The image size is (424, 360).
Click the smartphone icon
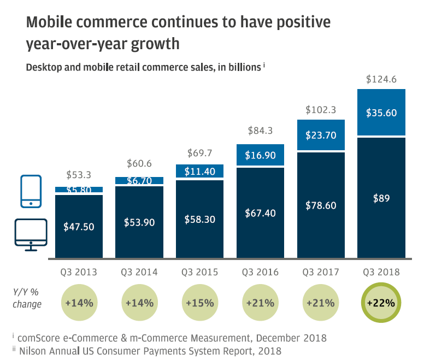pyautogui.click(x=31, y=191)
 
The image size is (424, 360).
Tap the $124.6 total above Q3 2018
pyautogui.click(x=381, y=79)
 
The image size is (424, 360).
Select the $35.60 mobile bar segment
pyautogui.click(x=381, y=113)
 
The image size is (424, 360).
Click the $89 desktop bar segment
pyautogui.click(x=381, y=198)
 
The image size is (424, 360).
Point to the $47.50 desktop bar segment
pyautogui.click(x=79, y=226)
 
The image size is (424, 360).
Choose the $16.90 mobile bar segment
pyautogui.click(x=260, y=155)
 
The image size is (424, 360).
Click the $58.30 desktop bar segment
pyautogui.click(x=200, y=219)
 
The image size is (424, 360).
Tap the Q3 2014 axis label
pyautogui.click(x=139, y=272)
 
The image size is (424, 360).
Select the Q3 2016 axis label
pyautogui.click(x=260, y=272)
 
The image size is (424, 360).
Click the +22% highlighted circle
pyautogui.click(x=381, y=302)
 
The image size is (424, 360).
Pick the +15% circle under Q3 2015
pyautogui.click(x=200, y=302)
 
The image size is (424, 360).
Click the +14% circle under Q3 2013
pyautogui.click(x=79, y=302)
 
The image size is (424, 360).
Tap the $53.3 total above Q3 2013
pyautogui.click(x=79, y=175)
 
